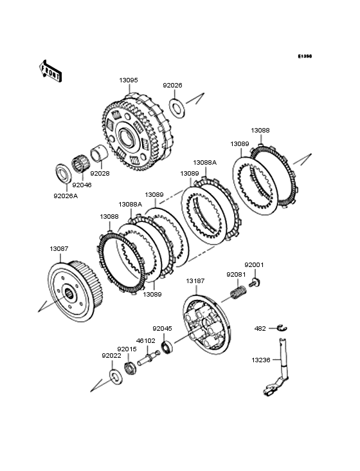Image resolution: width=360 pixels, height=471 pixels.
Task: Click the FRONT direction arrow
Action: click(51, 71)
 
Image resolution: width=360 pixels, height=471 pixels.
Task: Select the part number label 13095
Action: click(129, 80)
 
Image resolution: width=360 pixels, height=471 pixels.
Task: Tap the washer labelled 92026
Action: click(177, 107)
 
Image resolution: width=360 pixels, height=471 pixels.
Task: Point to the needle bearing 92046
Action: click(80, 163)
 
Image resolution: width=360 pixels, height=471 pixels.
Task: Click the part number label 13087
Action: click(59, 249)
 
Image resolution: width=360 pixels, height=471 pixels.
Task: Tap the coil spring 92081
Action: click(239, 292)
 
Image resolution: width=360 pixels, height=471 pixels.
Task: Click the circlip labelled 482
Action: click(282, 328)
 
